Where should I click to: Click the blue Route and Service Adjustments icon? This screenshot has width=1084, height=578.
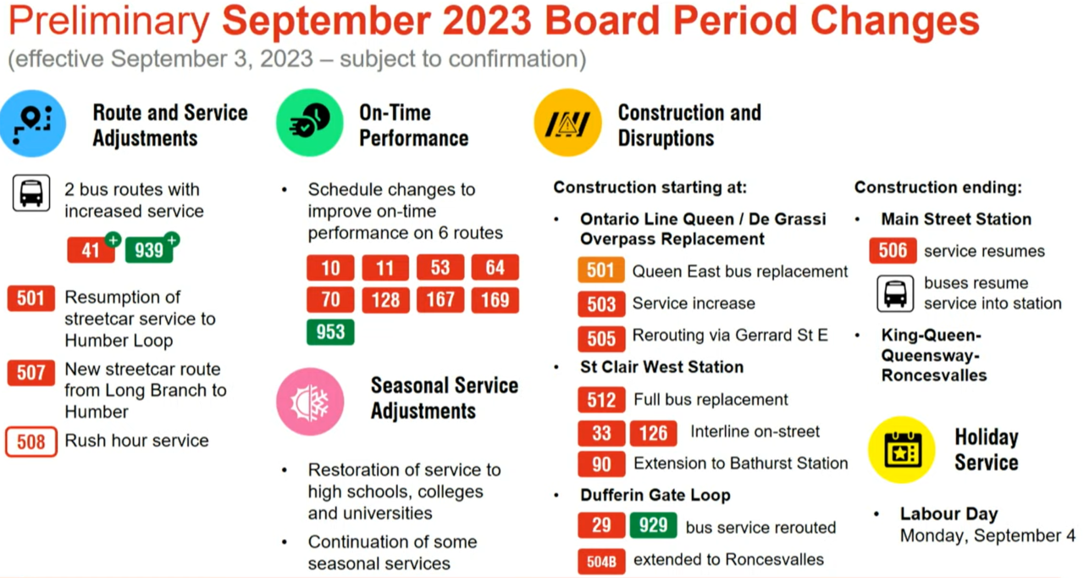[32, 124]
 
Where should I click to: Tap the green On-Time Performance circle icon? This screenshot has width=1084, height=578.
[310, 123]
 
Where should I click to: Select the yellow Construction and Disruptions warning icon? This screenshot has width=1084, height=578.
[567, 123]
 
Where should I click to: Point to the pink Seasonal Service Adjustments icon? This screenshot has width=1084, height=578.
[310, 402]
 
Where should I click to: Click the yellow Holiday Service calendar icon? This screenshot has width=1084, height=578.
[902, 450]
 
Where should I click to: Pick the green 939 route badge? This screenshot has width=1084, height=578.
[149, 250]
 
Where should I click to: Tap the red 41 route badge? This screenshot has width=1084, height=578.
[91, 250]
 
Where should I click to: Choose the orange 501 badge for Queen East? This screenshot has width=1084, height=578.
[600, 270]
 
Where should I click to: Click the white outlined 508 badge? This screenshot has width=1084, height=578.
[31, 442]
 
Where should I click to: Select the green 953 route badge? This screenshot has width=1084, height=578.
[330, 332]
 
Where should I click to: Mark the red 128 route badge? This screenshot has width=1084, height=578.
[385, 300]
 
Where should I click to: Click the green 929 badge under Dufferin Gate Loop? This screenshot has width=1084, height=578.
[653, 525]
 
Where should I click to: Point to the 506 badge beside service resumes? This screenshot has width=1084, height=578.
[893, 250]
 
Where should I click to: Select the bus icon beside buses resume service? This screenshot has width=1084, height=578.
[895, 294]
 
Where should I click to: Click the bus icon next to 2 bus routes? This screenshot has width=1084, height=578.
[31, 193]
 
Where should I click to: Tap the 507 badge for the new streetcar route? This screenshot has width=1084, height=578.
[31, 373]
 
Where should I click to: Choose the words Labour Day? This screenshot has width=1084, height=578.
[948, 514]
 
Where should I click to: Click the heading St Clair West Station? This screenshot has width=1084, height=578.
[661, 367]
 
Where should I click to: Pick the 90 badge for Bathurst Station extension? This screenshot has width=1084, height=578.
[601, 464]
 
